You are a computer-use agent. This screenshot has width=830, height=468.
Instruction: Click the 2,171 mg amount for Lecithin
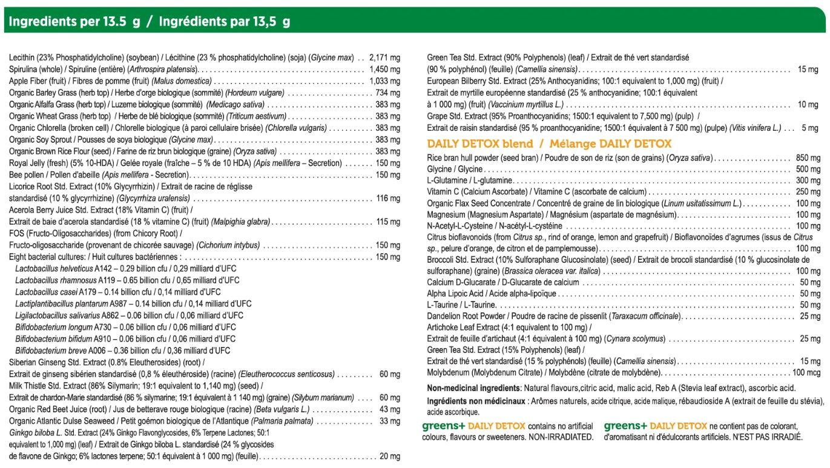click(x=384, y=58)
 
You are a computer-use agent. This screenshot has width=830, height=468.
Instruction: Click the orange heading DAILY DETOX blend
click(x=480, y=144)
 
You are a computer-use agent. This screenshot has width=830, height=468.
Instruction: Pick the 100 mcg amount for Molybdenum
click(x=806, y=372)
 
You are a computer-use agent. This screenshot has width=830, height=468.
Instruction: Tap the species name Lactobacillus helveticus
click(x=54, y=268)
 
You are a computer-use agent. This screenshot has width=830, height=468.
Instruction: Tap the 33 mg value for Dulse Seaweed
click(x=390, y=421)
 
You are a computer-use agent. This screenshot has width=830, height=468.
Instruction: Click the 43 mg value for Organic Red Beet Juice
click(x=390, y=409)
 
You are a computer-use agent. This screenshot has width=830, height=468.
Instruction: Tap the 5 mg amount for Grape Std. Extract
click(x=810, y=128)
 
